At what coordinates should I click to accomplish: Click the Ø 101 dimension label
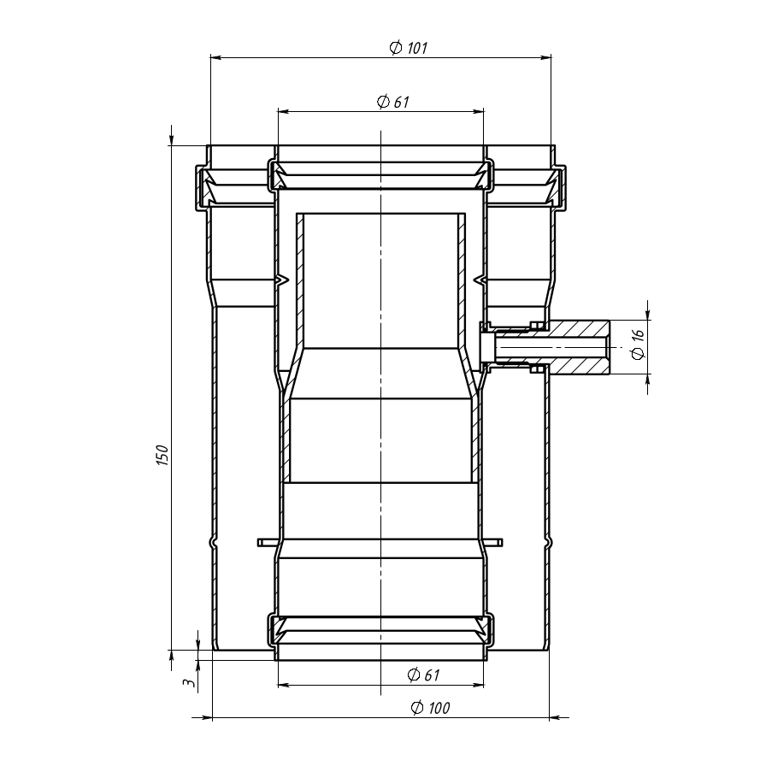(409, 48)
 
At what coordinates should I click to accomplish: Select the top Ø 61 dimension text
(393, 102)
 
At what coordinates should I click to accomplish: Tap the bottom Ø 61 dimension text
(423, 675)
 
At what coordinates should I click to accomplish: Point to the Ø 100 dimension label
(430, 707)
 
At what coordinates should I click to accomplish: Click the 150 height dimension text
(162, 455)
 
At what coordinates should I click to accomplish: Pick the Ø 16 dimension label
(638, 345)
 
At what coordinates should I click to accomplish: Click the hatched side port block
(579, 347)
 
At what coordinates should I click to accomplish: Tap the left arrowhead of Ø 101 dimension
(216, 57)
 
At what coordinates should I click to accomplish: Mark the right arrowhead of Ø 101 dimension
(545, 57)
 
